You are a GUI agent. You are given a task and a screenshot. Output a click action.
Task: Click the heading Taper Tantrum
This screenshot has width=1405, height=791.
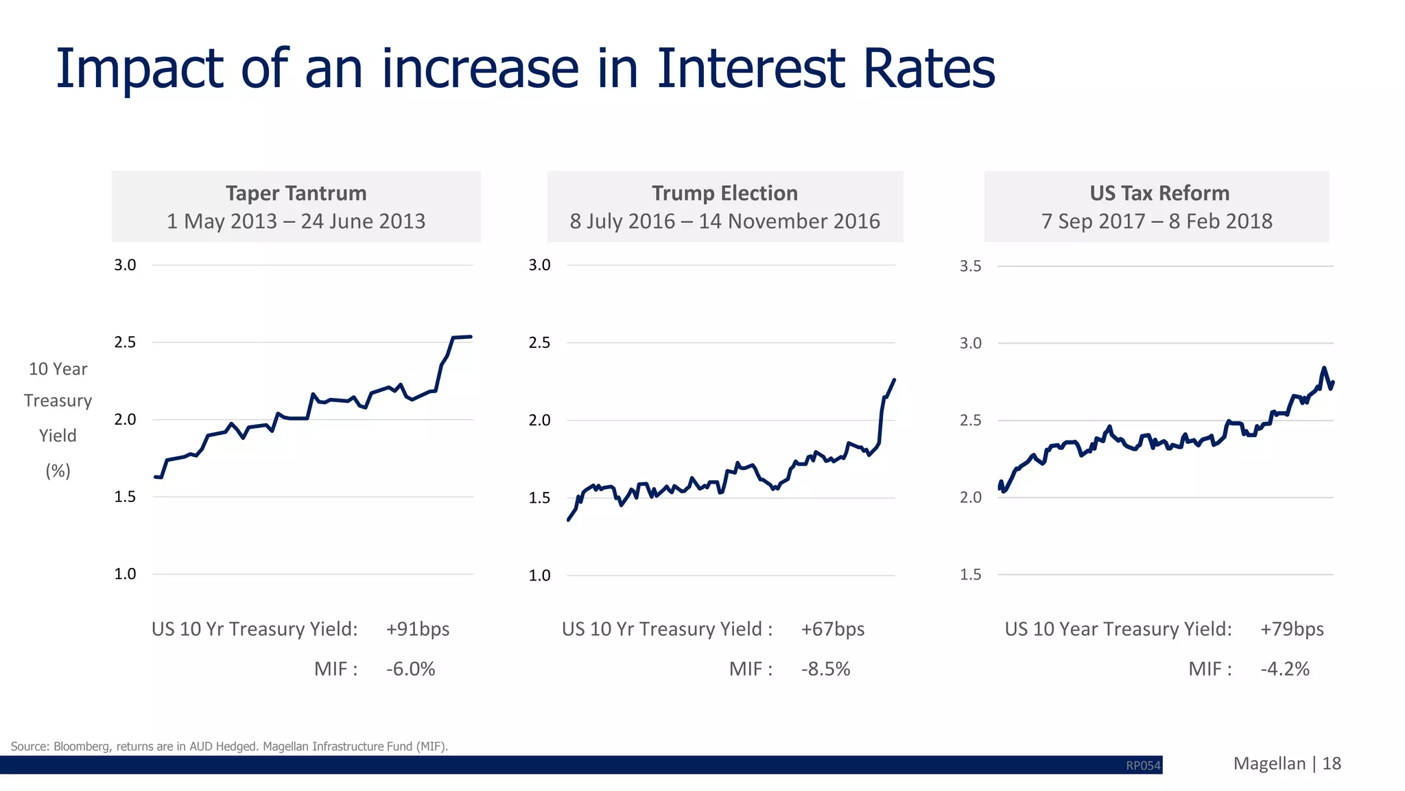[x=296, y=193]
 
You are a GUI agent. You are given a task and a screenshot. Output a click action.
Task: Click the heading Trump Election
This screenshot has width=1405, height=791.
[x=724, y=193]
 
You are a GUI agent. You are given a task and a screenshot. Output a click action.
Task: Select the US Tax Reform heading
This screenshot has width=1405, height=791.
[x=1159, y=193]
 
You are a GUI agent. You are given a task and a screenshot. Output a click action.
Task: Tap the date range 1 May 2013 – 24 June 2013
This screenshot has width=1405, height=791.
[x=296, y=222]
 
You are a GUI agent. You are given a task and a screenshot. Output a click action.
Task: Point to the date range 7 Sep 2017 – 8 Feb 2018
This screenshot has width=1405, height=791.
[x=1157, y=222]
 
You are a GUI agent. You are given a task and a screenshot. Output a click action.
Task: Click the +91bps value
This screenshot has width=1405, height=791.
[x=417, y=629]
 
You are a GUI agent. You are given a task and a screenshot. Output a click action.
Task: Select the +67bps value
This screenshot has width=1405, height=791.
[x=832, y=629]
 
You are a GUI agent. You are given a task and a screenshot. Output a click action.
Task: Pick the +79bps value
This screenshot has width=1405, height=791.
[x=1292, y=629]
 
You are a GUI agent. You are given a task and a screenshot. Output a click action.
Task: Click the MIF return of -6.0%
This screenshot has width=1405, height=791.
[x=410, y=669]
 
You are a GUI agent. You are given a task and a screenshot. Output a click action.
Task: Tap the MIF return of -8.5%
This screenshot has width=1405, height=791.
[x=825, y=669]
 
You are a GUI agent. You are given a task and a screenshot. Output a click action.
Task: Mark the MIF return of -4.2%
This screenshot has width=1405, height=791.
[x=1285, y=669]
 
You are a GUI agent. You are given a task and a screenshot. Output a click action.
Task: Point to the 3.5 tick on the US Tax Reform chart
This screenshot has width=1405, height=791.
[x=970, y=266]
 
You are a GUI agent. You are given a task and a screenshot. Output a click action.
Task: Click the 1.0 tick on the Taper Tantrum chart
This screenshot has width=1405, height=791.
[x=125, y=574]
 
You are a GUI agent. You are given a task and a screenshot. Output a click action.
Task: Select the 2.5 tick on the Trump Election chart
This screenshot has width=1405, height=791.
[x=539, y=342]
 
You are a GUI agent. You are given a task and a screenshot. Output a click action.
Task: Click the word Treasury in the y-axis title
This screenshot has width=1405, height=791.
[x=58, y=401]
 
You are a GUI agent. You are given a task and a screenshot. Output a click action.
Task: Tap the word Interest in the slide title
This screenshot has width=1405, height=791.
[x=751, y=69]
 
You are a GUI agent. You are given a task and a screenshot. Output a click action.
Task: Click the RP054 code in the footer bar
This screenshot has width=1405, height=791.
[x=1143, y=766]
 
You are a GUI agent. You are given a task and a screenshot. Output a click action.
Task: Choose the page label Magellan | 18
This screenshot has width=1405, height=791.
[x=1286, y=764]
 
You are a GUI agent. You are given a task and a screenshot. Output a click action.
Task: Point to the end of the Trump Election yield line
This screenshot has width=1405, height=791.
[x=894, y=380]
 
